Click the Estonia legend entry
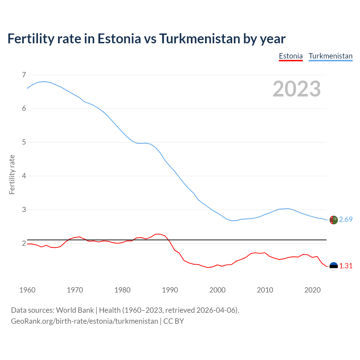291,56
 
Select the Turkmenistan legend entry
330,56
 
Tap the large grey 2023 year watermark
297,89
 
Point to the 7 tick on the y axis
24,75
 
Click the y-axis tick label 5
24,142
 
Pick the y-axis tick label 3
24,210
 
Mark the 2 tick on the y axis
24,244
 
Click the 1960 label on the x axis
27,290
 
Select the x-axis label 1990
170,290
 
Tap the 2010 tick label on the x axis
265,290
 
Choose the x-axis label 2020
312,290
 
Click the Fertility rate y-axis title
12,174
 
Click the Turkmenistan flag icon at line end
334,220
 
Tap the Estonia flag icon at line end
334,266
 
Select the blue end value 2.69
346,220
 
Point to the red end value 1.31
346,266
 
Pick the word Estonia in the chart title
119,39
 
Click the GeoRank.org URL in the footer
84,321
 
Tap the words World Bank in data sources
75,310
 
